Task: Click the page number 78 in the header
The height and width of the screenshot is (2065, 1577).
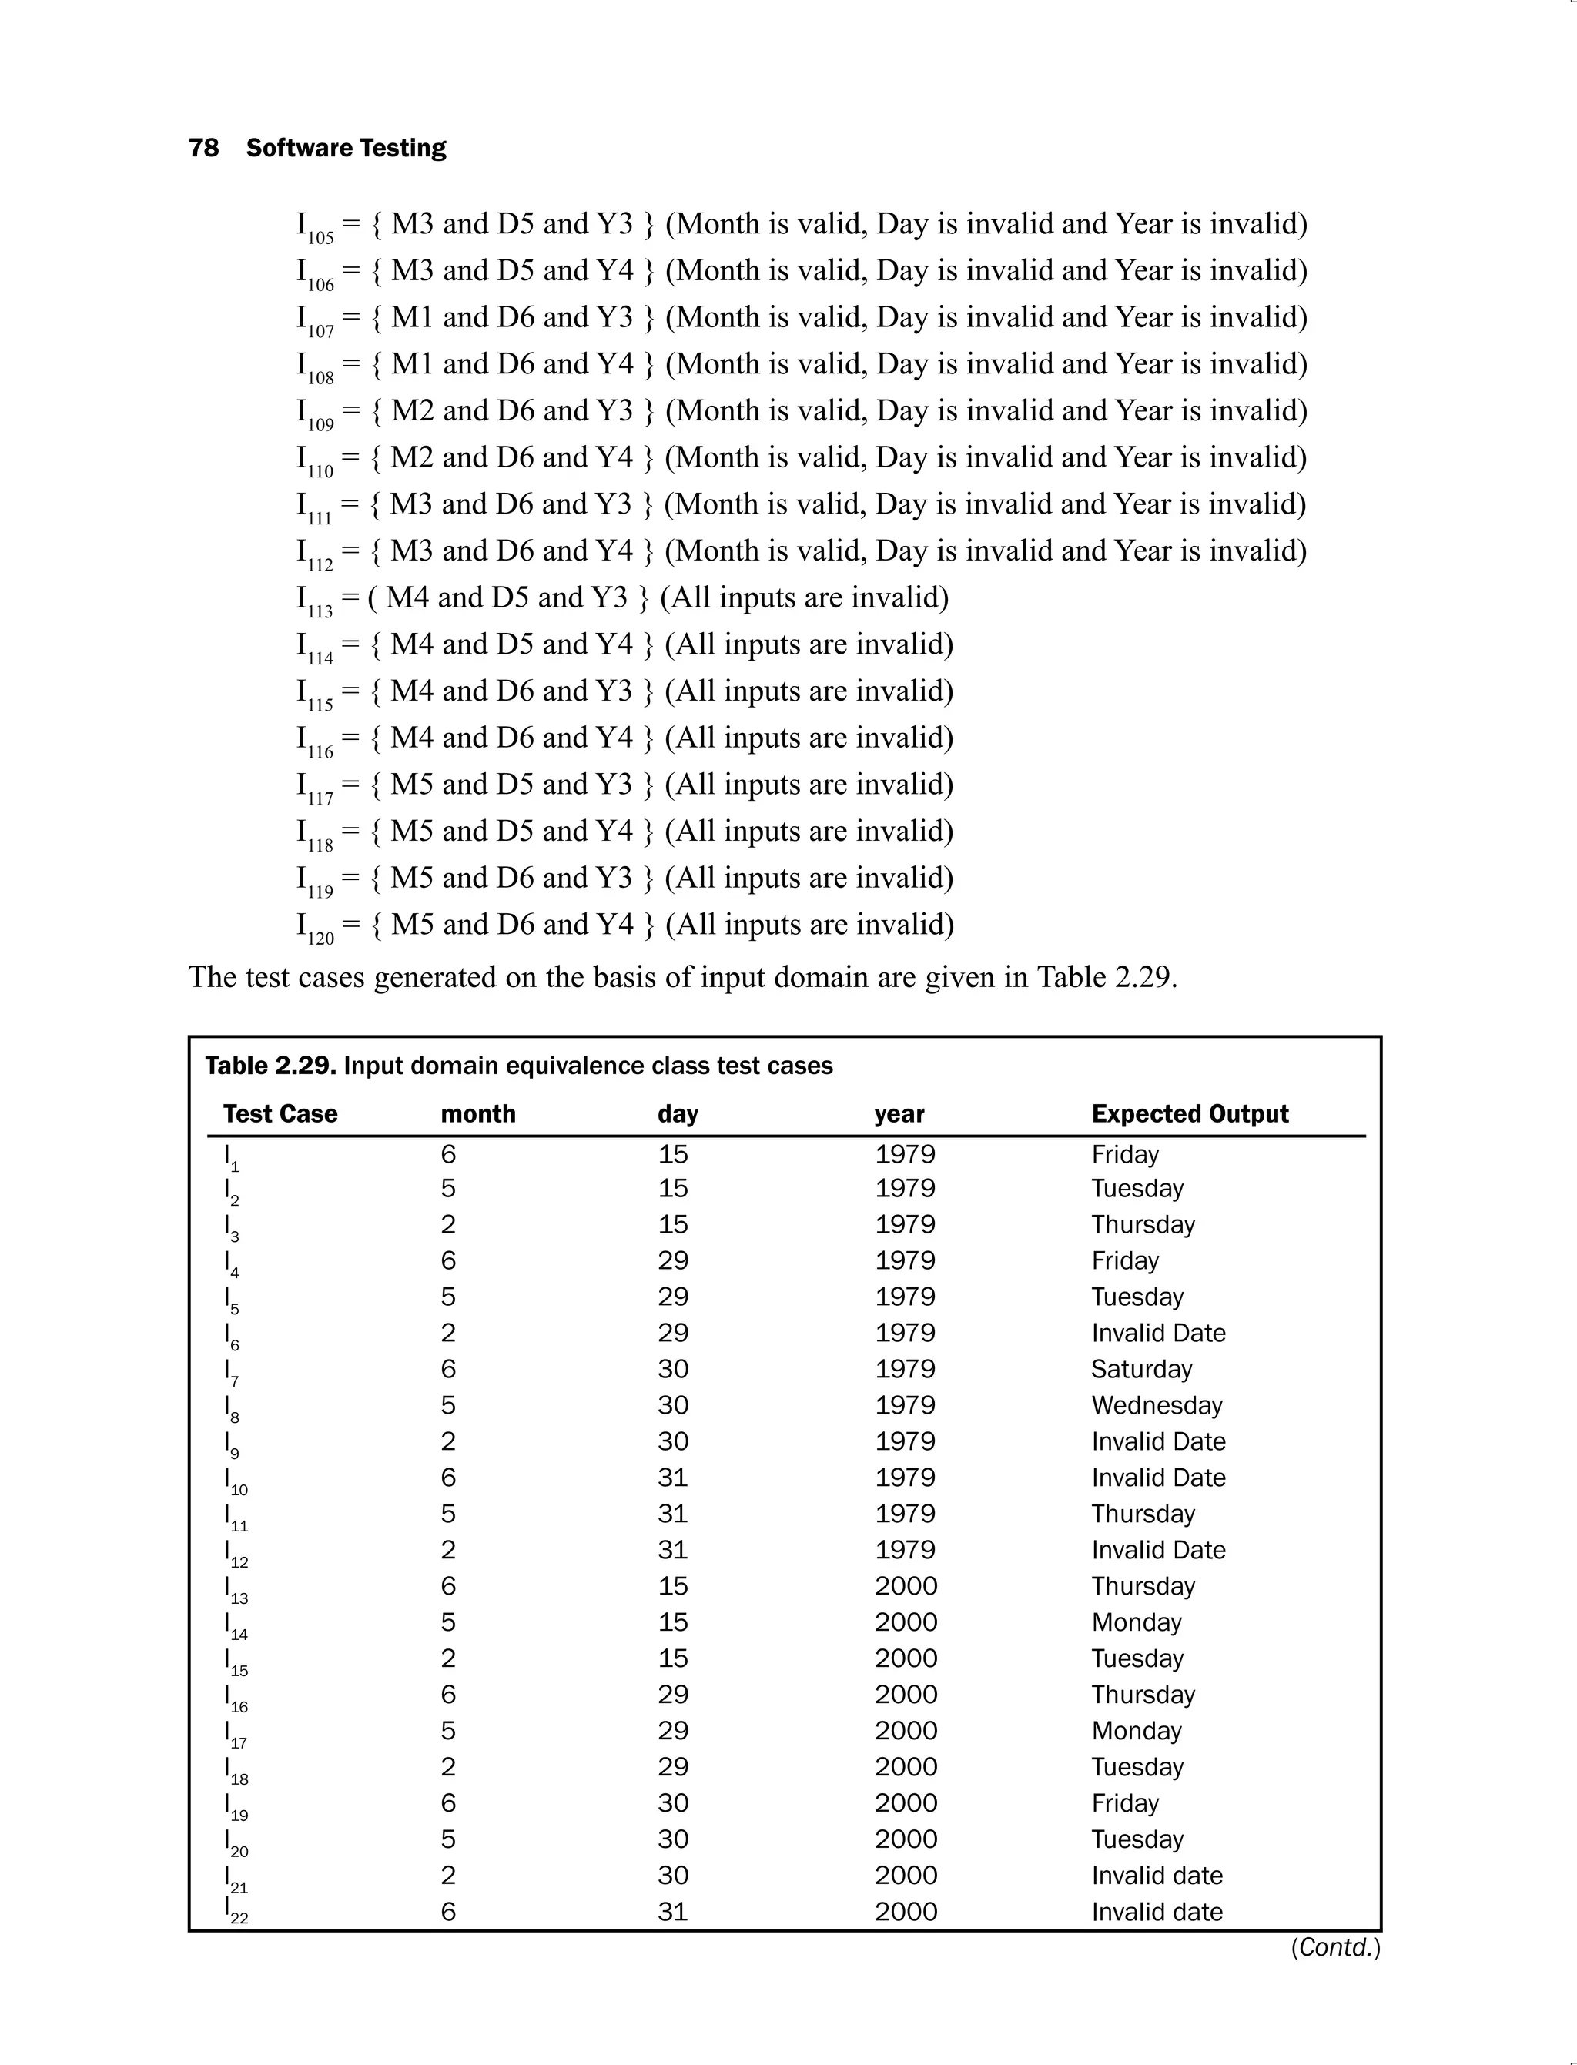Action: pyautogui.click(x=204, y=149)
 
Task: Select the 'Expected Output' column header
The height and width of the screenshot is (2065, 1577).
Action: pyautogui.click(x=1190, y=1113)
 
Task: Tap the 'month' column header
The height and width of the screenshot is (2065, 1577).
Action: pyautogui.click(x=477, y=1113)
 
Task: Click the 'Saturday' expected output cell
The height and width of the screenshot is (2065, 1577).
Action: pyautogui.click(x=1140, y=1370)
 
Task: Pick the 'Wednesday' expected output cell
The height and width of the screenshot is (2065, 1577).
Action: pyautogui.click(x=1157, y=1405)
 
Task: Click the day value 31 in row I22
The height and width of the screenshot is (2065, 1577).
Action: pyautogui.click(x=672, y=1912)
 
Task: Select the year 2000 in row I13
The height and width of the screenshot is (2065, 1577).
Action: pyautogui.click(x=906, y=1586)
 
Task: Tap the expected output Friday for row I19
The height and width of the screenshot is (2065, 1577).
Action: pyautogui.click(x=1124, y=1803)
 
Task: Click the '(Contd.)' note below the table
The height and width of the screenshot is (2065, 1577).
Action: pyautogui.click(x=1334, y=1948)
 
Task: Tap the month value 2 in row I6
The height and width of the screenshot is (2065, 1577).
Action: pyautogui.click(x=447, y=1333)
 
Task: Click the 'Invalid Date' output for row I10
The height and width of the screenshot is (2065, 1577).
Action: pyautogui.click(x=1157, y=1478)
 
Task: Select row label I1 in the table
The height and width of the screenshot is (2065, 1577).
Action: pyautogui.click(x=231, y=1156)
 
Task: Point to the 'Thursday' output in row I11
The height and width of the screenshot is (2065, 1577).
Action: pyautogui.click(x=1143, y=1514)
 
